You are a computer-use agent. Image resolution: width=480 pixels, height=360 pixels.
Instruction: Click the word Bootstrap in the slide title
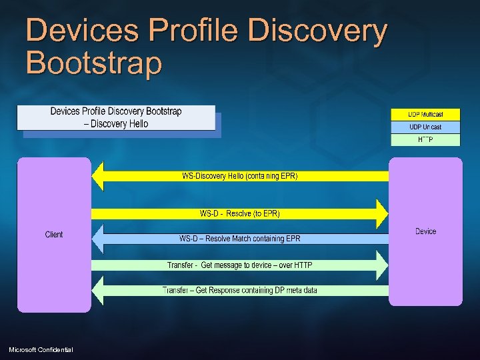coord(93,63)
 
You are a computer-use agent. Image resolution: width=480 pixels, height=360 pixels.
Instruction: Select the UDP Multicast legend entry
coord(425,115)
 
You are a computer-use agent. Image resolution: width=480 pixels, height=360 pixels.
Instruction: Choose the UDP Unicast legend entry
coord(425,127)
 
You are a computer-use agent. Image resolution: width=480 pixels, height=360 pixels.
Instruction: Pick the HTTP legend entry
coord(425,139)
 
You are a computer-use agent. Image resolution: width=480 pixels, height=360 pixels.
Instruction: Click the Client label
coord(54,235)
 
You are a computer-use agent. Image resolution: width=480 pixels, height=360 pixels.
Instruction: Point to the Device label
coord(425,231)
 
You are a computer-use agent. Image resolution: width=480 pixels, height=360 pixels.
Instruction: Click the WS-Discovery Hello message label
coord(240,176)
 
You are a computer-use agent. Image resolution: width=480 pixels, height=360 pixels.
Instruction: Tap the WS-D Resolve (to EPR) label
coord(240,213)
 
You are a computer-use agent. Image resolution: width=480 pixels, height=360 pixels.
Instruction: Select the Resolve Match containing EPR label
coord(240,239)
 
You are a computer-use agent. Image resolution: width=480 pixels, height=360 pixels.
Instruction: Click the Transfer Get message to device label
coord(240,265)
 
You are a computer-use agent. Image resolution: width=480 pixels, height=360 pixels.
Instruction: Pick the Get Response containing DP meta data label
coord(240,290)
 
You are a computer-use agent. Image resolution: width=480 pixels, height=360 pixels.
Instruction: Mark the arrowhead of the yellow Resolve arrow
coord(381,213)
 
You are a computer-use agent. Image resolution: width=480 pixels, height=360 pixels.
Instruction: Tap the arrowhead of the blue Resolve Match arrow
coord(98,239)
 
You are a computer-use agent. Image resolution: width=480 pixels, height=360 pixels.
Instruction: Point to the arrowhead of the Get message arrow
coord(381,265)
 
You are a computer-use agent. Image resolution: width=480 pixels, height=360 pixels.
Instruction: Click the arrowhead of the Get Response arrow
coord(98,290)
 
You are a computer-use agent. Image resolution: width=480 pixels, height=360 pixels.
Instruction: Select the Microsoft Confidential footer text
coord(41,350)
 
